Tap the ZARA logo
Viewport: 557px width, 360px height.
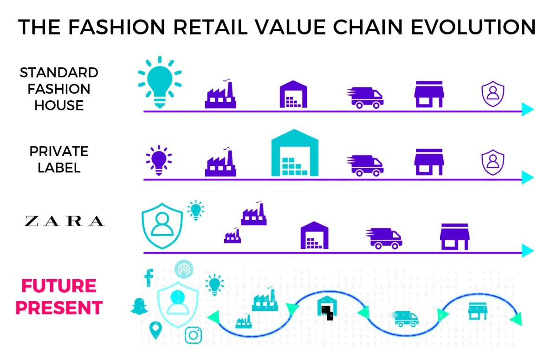point(64,221)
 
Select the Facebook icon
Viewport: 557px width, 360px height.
point(149,277)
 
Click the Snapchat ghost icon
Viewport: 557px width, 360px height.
point(138,306)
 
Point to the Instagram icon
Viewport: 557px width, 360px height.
point(194,335)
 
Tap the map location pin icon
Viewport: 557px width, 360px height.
point(155,331)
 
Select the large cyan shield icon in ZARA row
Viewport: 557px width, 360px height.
point(162,225)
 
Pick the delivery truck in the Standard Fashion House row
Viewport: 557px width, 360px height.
point(365,97)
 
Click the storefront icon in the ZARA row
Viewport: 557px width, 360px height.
point(454,236)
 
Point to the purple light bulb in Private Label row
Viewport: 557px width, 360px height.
point(158,160)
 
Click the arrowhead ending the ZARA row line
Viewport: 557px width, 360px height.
point(527,251)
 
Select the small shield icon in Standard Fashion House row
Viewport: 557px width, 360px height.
point(492,94)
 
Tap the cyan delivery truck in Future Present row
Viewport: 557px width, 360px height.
point(405,319)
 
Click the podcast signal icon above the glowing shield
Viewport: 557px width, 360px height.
point(184,269)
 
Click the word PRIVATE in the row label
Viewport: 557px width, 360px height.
point(59,151)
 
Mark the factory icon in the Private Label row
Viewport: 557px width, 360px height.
point(220,163)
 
